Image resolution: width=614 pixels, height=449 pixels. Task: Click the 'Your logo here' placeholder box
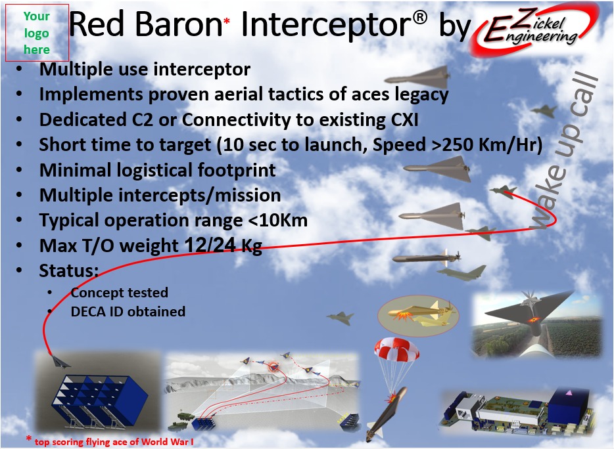click(x=37, y=33)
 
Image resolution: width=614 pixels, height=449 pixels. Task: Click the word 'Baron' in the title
click(x=179, y=24)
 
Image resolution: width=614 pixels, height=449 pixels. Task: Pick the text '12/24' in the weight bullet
click(x=210, y=245)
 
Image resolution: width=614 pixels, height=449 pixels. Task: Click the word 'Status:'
click(x=68, y=270)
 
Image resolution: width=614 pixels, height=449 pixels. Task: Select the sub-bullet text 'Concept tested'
click(x=120, y=293)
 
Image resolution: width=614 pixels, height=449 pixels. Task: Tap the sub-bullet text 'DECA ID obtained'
click(x=128, y=312)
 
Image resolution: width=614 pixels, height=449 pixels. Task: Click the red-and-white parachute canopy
click(x=396, y=349)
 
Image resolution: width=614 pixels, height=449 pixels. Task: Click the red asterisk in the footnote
click(x=28, y=438)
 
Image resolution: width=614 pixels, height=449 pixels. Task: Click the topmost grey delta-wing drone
click(x=418, y=77)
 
